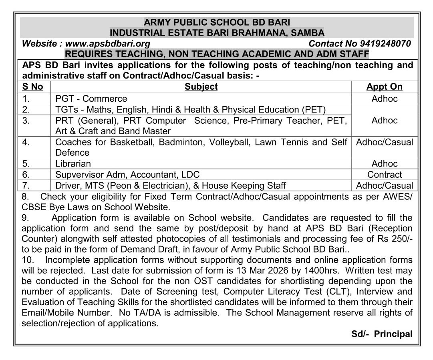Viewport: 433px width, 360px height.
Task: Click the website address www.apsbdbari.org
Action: click(108, 44)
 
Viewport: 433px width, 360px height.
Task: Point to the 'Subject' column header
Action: click(201, 87)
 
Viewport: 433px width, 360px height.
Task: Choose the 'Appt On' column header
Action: click(385, 87)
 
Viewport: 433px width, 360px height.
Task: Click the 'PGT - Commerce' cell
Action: click(91, 99)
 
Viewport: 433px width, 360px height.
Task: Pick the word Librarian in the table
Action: click(73, 163)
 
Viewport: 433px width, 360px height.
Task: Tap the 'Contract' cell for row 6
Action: click(385, 175)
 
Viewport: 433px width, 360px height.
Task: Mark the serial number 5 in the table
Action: click(26, 163)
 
